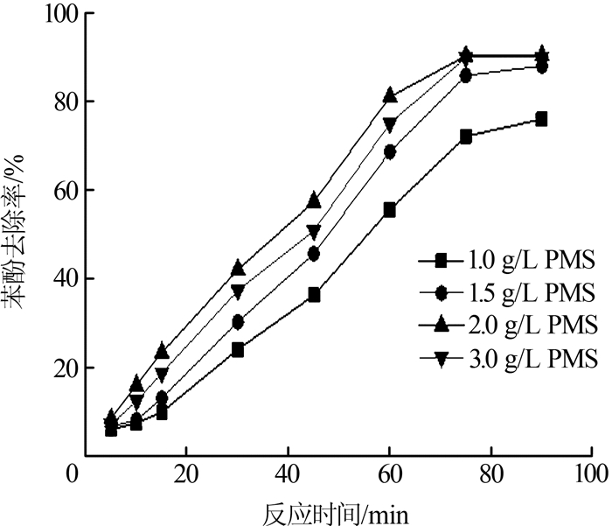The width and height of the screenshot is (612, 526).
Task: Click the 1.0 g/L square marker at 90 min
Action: coord(541,119)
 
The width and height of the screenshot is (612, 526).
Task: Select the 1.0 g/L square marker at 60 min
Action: coord(389,210)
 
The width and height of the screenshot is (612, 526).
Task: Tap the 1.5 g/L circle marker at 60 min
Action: coord(389,151)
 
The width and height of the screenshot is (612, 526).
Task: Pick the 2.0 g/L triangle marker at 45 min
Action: coord(313,200)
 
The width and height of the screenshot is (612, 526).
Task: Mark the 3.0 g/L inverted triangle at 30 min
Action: coord(237,291)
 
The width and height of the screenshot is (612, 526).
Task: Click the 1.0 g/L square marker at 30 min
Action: coord(237,349)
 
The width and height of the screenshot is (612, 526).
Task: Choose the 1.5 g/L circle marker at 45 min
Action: coord(313,254)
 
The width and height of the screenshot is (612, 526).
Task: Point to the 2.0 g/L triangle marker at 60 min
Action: coord(389,95)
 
